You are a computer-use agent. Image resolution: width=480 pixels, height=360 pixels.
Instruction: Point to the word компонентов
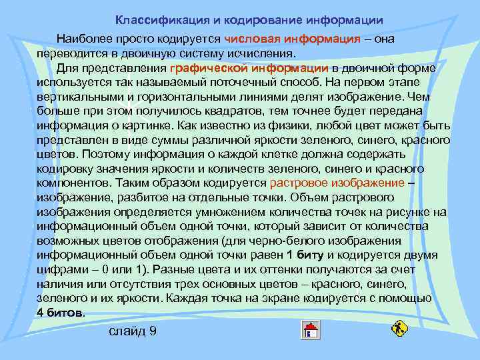[73, 183]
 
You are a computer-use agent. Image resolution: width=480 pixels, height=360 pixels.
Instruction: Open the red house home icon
[311, 329]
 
